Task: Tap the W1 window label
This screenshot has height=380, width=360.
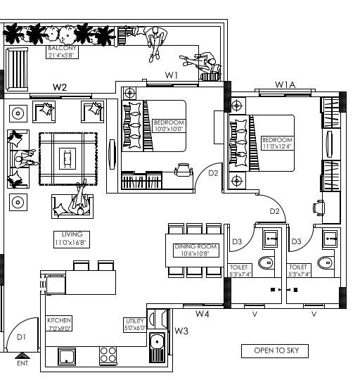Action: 172,75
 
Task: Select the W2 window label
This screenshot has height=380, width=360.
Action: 60,87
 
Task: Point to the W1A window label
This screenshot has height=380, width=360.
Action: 285,85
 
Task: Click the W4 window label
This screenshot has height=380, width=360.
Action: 202,314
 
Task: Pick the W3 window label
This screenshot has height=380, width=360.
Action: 181,331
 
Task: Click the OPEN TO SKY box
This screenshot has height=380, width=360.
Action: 275,350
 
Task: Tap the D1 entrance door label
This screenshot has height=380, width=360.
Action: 22,338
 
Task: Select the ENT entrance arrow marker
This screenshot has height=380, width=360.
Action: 22,357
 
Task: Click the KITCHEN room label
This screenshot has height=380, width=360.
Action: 59,323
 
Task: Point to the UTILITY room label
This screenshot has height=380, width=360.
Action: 134,324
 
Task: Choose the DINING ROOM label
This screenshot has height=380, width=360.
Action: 197,250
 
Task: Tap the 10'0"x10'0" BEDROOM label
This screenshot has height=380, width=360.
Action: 168,125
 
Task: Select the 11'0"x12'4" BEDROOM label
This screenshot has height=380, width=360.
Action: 277,143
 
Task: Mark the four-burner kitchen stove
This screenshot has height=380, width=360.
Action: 108,355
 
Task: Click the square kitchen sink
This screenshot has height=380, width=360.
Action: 67,356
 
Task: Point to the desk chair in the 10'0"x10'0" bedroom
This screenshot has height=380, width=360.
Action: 184,170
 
